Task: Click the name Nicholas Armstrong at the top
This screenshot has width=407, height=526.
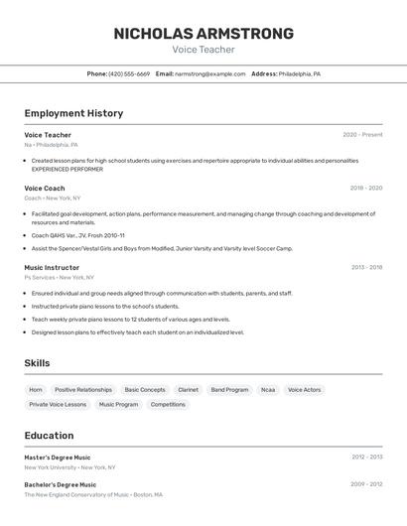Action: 203,34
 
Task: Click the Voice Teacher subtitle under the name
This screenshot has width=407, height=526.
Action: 203,50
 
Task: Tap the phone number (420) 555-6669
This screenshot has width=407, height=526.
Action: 129,73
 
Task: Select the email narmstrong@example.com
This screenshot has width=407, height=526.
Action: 209,73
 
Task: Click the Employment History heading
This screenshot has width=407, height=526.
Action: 73,113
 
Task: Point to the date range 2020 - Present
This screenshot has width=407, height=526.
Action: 362,135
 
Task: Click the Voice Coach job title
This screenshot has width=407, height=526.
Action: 45,188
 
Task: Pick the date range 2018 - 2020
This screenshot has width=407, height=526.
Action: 365,188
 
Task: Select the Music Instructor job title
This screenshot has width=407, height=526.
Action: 52,267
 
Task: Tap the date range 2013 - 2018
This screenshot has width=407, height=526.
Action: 365,267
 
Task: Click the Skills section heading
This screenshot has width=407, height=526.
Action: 37,363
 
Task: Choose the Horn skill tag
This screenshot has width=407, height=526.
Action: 36,390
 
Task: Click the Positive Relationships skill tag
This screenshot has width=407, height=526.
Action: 83,390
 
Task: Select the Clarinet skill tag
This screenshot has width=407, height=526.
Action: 188,390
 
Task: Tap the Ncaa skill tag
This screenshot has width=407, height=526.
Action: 268,390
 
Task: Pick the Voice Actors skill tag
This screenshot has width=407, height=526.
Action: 304,390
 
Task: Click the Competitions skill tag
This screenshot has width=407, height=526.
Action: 168,404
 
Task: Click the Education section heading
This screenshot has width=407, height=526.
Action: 49,435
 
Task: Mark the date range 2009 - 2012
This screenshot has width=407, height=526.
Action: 365,484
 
